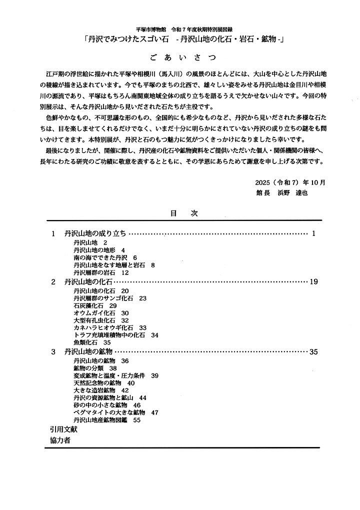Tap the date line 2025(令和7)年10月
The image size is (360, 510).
(x=289, y=182)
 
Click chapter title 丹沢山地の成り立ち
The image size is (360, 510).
(x=95, y=233)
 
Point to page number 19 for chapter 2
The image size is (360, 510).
(x=313, y=282)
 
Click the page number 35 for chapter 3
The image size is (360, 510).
(x=313, y=352)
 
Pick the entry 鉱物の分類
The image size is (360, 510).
(x=88, y=368)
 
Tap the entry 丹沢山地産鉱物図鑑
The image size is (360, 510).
(x=100, y=420)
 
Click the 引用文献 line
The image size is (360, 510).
(x=63, y=429)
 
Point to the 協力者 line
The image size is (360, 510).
(x=60, y=440)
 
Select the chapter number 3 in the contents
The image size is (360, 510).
(x=53, y=352)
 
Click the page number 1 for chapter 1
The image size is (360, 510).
(x=313, y=233)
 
